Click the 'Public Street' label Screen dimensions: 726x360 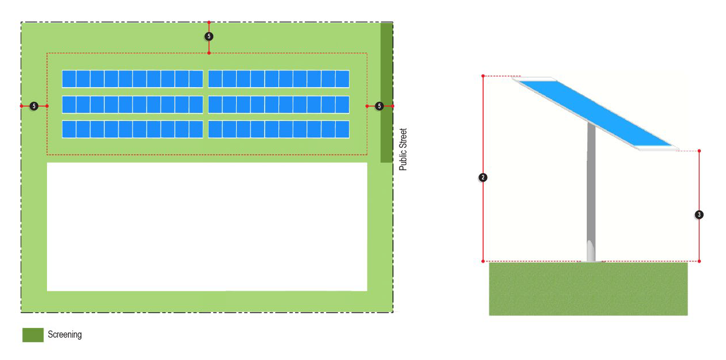coord(403,149)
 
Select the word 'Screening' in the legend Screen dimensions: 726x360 coord(65,335)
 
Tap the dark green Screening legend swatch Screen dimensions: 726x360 coord(33,335)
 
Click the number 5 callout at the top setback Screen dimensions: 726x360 coord(209,36)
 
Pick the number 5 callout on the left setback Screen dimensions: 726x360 coord(34,106)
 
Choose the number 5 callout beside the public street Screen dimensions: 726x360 coord(379,106)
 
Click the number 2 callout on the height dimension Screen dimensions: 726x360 coord(483,178)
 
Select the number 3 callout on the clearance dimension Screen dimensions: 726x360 coord(699,215)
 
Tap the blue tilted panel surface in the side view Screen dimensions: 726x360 coord(596,112)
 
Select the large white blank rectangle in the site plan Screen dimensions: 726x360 coord(207,226)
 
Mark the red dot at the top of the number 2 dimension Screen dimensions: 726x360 coord(483,76)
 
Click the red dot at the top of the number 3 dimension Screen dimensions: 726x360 coord(699,151)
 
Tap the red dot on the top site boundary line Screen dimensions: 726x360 coord(209,22)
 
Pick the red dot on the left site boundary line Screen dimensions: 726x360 coord(21,106)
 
